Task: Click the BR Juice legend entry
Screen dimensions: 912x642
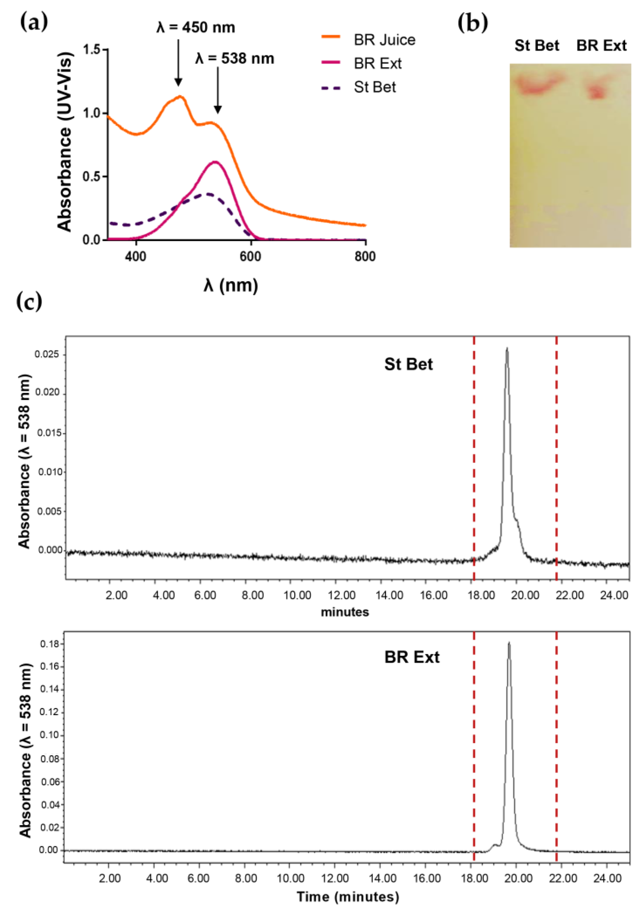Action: click(x=384, y=40)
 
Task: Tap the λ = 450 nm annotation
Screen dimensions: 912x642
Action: click(x=195, y=27)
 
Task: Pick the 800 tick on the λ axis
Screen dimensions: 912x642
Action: click(x=365, y=256)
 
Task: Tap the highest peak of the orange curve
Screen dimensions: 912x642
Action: click(x=181, y=96)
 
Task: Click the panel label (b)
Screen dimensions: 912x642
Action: click(x=472, y=23)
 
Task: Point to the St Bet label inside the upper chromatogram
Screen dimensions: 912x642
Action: click(x=408, y=364)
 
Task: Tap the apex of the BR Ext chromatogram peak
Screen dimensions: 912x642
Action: click(x=509, y=642)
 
